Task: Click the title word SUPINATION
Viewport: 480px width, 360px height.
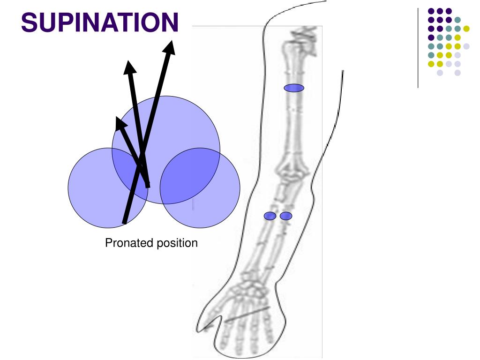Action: pyautogui.click(x=100, y=22)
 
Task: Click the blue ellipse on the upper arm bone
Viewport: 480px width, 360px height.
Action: pyautogui.click(x=294, y=88)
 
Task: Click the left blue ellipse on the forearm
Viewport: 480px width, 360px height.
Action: pyautogui.click(x=270, y=216)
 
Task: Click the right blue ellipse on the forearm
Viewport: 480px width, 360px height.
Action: pyautogui.click(x=286, y=216)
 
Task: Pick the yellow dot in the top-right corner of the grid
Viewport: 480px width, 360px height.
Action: pyautogui.click(x=466, y=29)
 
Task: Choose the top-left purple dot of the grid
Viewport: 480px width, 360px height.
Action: pyautogui.click(x=430, y=11)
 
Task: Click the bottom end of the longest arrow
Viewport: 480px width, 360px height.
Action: pyautogui.click(x=124, y=222)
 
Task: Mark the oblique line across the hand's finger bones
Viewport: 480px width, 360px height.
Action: pyautogui.click(x=247, y=314)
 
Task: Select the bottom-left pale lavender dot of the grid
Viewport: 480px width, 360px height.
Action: pyautogui.click(x=439, y=73)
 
